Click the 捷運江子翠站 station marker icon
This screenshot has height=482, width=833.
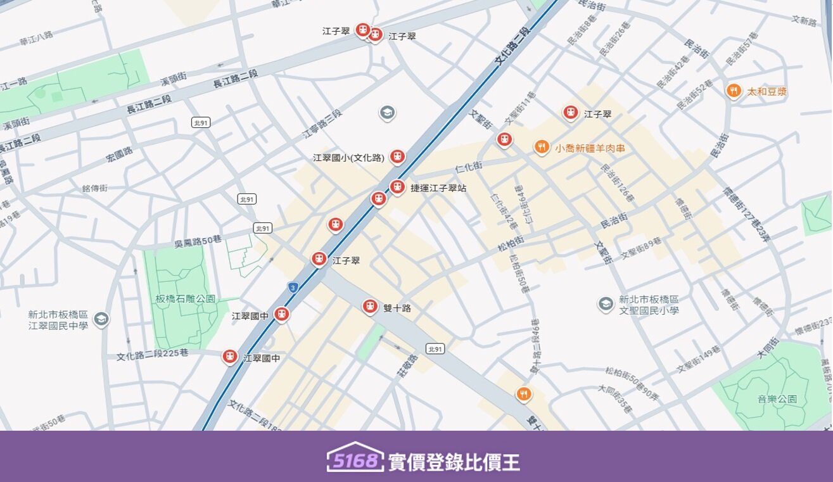(x=397, y=187)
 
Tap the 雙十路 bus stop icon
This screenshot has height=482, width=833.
(x=370, y=307)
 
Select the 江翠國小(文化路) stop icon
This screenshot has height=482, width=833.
(x=397, y=156)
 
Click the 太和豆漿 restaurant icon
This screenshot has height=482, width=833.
(x=734, y=91)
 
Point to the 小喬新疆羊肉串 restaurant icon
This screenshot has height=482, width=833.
(x=541, y=148)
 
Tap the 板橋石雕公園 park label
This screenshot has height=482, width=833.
(x=186, y=299)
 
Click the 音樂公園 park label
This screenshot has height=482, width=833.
(x=777, y=400)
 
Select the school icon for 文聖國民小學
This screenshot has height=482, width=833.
(x=606, y=304)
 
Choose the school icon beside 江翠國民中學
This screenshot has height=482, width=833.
(x=101, y=319)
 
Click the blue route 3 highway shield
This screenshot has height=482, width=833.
(x=292, y=287)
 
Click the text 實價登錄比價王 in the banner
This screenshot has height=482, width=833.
(x=454, y=462)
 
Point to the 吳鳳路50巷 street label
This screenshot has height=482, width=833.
(x=198, y=241)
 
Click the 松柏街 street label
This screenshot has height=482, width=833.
(x=511, y=242)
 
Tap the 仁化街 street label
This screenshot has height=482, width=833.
(x=469, y=167)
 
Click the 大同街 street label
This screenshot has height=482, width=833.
(x=771, y=348)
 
